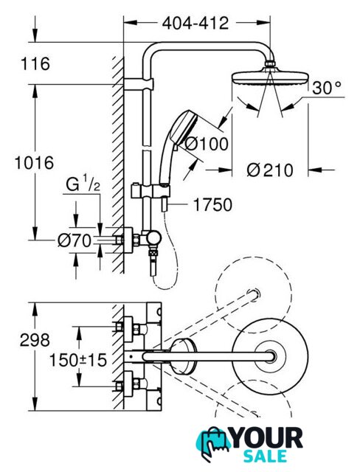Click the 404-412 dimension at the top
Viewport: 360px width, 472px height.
[x=195, y=23]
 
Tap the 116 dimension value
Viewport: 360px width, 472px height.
[x=35, y=64]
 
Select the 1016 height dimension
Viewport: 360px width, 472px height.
[x=35, y=162]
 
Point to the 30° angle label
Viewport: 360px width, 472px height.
[x=327, y=88]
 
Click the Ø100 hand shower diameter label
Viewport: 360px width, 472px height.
[x=206, y=144]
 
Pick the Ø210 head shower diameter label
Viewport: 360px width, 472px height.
[x=270, y=170]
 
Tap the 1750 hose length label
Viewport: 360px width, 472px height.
[x=212, y=205]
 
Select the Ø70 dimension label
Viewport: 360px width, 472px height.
[x=75, y=240]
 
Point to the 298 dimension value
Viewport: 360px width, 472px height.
[x=35, y=340]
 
